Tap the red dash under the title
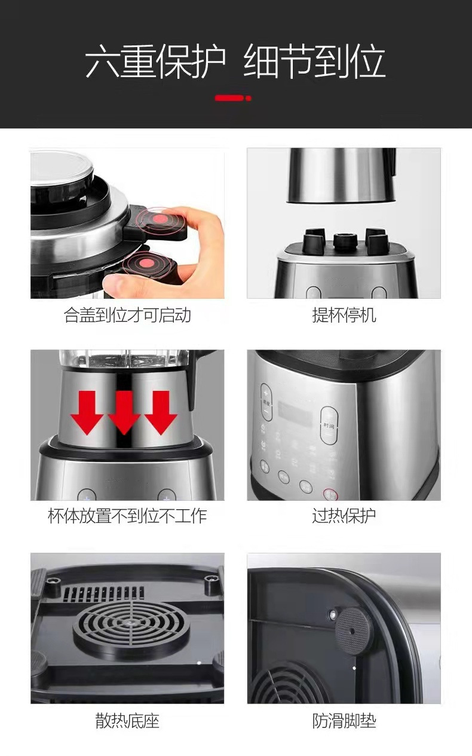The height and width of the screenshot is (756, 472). click(232, 97)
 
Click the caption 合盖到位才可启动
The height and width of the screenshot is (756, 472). click(127, 315)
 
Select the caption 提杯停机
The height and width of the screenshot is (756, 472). click(344, 315)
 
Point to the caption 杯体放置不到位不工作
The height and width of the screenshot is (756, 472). click(127, 516)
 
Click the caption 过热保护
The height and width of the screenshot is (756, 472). click(344, 516)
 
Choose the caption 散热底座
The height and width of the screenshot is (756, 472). click(127, 720)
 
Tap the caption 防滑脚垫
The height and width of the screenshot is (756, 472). click(344, 720)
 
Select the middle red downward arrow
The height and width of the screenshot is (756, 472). click(124, 412)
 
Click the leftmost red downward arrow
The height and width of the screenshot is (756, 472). click(87, 412)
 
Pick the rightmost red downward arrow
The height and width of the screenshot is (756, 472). click(161, 412)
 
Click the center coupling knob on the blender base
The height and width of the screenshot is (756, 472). click(345, 241)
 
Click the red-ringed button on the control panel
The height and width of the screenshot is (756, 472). click(329, 494)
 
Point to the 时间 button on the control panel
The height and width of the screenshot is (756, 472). click(329, 425)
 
